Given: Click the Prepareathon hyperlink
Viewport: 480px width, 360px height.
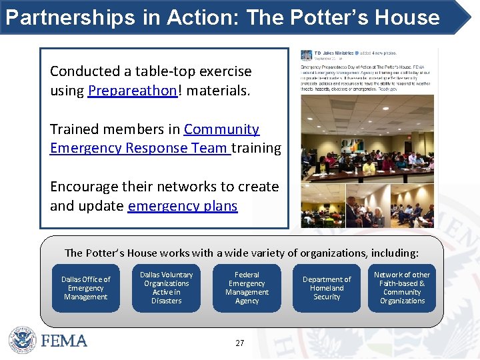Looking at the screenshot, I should pos(132,91).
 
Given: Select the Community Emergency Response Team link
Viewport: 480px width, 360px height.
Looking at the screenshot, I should pos(154,139).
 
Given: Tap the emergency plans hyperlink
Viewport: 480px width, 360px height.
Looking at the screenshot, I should pos(182,206).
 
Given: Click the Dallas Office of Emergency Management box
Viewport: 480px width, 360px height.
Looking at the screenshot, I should pos(85,288).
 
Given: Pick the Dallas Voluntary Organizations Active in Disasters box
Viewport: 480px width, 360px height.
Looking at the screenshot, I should pos(166,288).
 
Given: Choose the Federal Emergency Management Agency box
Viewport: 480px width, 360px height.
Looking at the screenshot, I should pos(247,288).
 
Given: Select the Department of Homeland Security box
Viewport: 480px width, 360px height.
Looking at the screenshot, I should pos(327,288).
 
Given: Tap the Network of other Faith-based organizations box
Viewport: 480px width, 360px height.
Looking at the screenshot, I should pos(402,288).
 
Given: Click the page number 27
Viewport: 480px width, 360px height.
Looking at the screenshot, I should pos(240,343).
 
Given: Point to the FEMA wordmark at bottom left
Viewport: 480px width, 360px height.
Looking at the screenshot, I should pos(64,341).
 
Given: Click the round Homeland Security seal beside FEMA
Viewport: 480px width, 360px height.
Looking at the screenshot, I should pos(22,340).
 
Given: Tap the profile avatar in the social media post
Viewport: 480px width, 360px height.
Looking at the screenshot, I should pos(307,55).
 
